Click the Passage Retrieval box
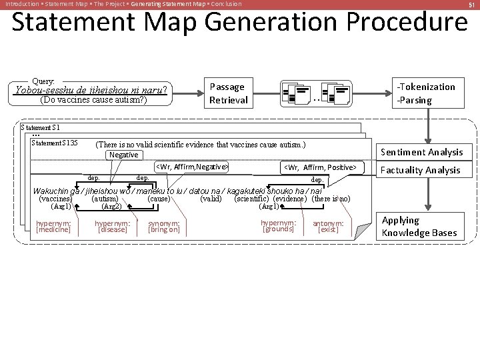[x=229, y=93]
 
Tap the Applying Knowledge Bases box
[x=419, y=226]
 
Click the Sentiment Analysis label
[x=421, y=152]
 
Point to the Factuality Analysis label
[x=420, y=170]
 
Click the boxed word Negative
[x=123, y=155]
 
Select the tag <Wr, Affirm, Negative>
[x=192, y=167]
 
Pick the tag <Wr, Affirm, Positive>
[x=321, y=167]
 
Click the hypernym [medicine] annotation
[x=53, y=227]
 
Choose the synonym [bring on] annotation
[x=164, y=227]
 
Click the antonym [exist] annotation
[x=328, y=227]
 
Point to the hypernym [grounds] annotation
[x=278, y=226]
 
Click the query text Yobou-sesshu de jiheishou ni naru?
[x=91, y=89]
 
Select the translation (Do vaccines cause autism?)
[x=93, y=101]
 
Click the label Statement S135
[x=55, y=143]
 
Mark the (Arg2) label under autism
[x=107, y=207]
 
